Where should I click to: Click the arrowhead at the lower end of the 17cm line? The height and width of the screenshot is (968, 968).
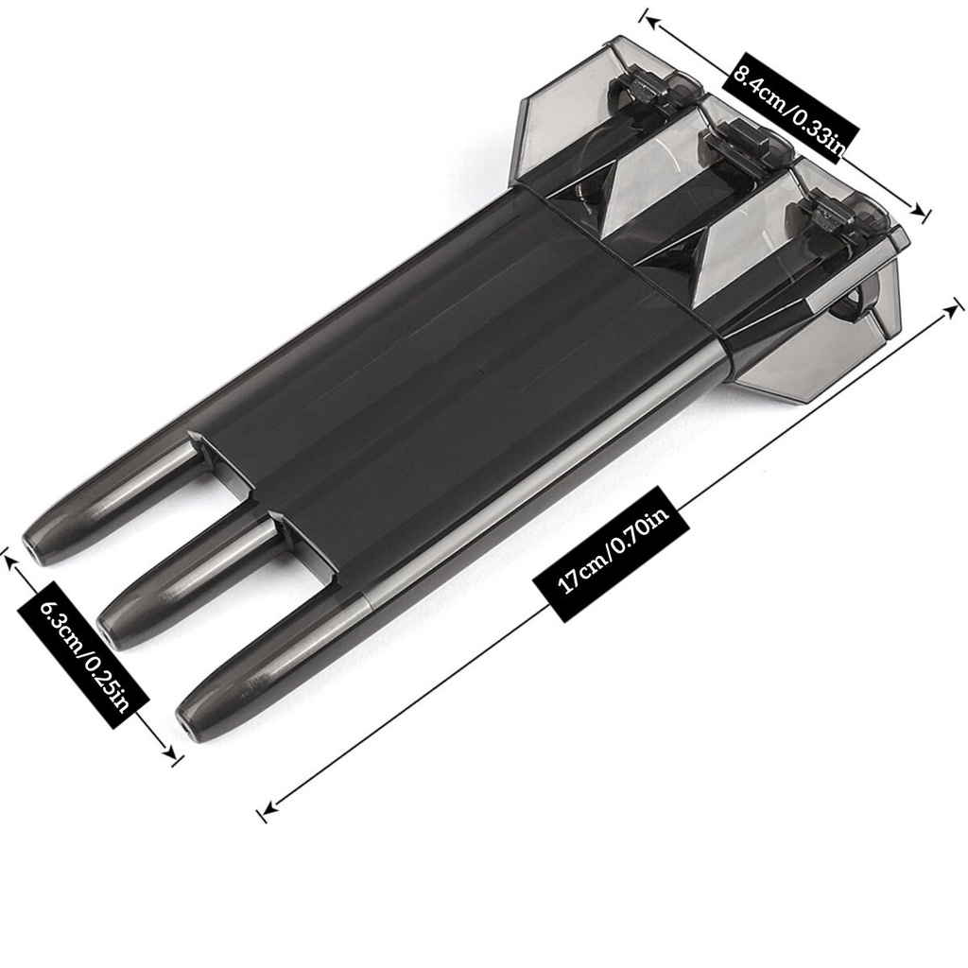268,806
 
